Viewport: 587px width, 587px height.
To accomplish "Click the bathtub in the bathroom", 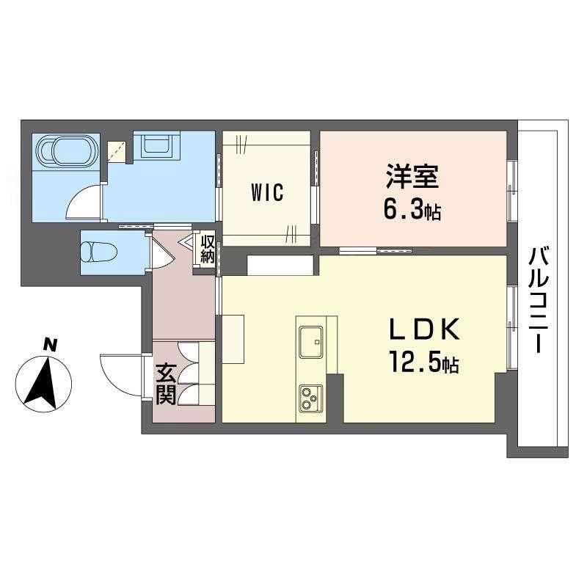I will click(65, 152).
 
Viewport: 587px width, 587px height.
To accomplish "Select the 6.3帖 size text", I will click(412, 211).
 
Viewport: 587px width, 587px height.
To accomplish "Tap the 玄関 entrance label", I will click(164, 384).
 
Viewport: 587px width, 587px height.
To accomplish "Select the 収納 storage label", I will click(208, 249).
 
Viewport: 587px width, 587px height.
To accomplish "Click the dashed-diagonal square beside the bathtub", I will click(117, 151).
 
